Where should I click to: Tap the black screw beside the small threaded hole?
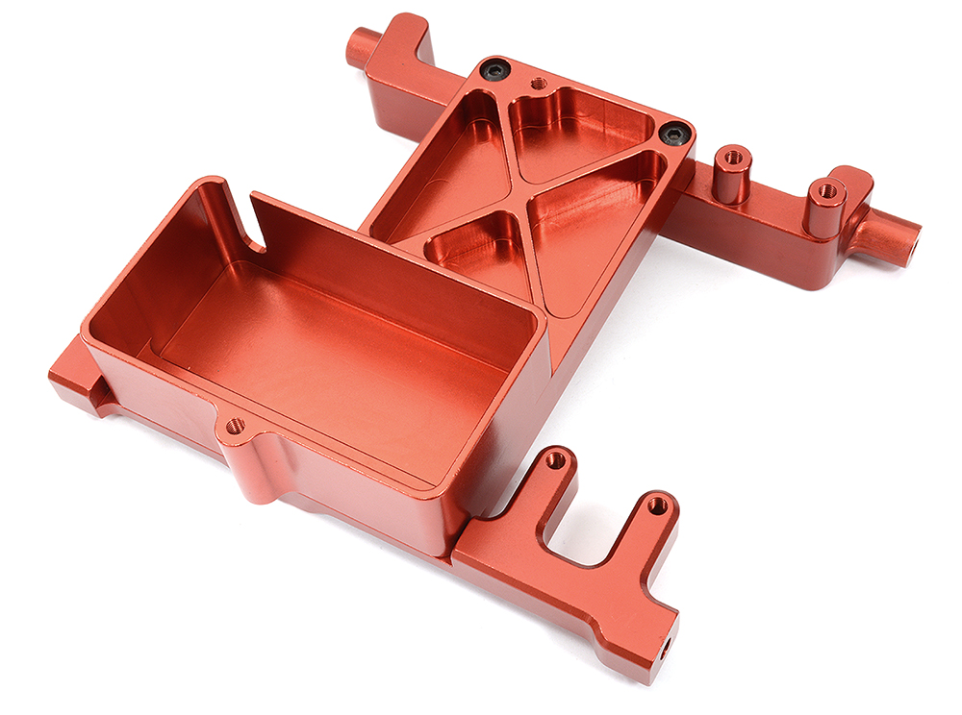(495, 69)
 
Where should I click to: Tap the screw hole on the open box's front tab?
(235, 425)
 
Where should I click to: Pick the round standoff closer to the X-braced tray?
(732, 173)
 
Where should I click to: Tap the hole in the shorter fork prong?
(555, 460)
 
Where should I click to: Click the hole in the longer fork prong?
(658, 504)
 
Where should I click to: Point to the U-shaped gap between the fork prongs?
(596, 538)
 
